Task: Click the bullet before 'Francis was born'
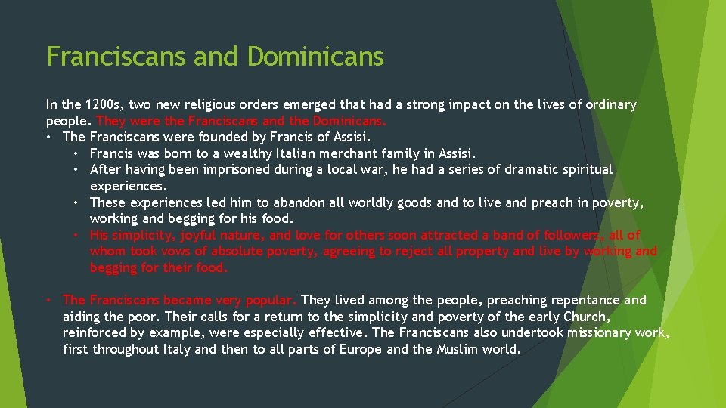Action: pos(78,153)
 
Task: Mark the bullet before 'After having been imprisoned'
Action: pos(78,169)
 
